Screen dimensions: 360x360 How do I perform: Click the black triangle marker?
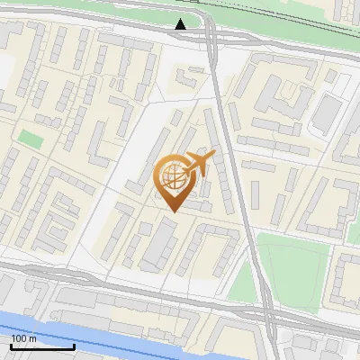click(181, 24)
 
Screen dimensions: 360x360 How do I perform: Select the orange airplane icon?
click(198, 164)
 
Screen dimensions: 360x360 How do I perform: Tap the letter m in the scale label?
click(32, 338)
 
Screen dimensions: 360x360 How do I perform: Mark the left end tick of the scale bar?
click(11, 346)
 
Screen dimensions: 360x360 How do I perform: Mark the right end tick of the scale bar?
click(74, 346)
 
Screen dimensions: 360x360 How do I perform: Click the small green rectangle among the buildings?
click(32, 140)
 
